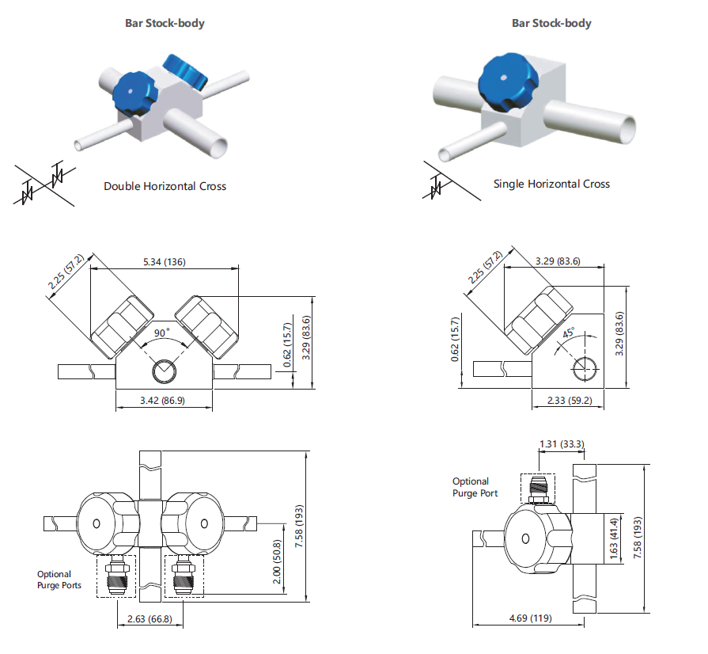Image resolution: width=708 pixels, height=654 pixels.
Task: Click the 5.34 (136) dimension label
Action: click(165, 262)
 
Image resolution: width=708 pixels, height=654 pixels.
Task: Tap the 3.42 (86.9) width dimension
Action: click(162, 401)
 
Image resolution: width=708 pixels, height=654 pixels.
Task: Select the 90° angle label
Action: click(162, 333)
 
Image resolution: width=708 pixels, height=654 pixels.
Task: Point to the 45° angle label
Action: click(569, 333)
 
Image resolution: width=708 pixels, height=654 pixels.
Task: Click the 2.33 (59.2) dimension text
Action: click(570, 401)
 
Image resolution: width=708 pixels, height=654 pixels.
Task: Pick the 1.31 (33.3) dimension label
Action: click(562, 444)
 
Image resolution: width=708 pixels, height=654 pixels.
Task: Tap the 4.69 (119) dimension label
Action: click(531, 618)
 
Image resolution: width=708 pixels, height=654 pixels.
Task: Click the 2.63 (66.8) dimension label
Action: click(150, 618)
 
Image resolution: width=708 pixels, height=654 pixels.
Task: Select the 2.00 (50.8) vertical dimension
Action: click(277, 561)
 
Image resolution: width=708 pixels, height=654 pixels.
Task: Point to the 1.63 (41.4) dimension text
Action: click(614, 538)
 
